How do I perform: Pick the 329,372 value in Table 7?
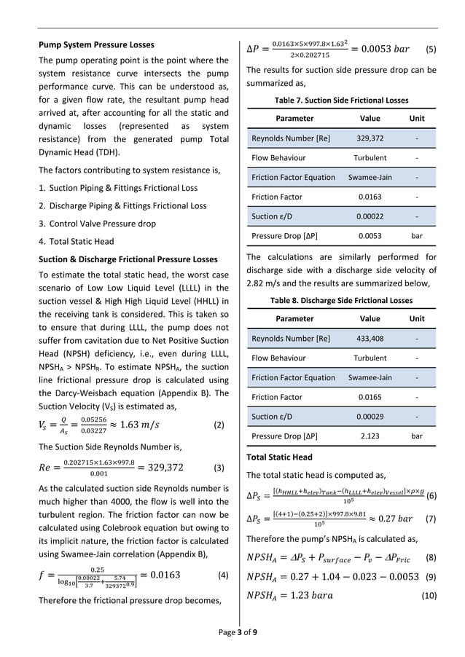coord(370,138)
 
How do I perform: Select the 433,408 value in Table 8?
coord(370,339)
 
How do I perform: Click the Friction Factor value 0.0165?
coord(370,397)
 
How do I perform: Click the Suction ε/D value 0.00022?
coord(370,216)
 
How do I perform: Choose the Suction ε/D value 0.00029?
coord(370,417)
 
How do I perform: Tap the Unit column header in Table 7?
coord(417,118)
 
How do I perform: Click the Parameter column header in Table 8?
coord(295,318)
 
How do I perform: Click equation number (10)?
coord(426,597)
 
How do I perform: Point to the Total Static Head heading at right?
coord(279,457)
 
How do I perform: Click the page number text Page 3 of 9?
coord(232,632)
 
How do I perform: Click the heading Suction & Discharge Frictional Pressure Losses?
coord(128,259)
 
